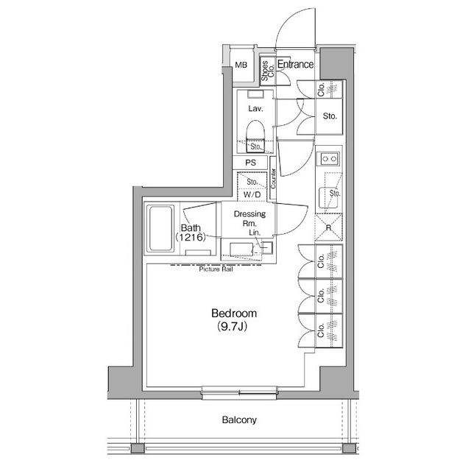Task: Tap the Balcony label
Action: pos(239,421)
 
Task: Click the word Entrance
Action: pos(295,65)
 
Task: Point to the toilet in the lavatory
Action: pos(255,135)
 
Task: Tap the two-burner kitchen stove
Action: pos(327,158)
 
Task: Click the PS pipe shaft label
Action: pos(249,163)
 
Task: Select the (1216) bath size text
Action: pos(190,238)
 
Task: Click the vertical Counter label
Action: pos(273,179)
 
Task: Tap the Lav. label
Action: pos(255,108)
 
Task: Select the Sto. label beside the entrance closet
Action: pos(330,116)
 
